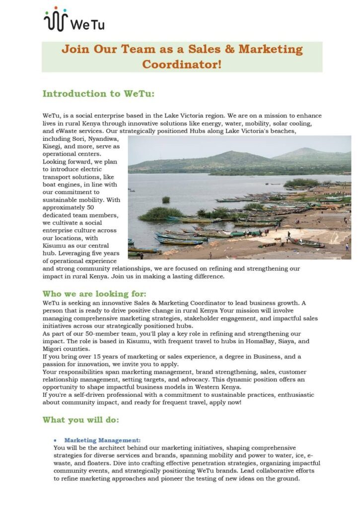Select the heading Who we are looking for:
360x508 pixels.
(x=94, y=294)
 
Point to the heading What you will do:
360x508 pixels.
(x=80, y=420)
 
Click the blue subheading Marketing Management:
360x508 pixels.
(x=102, y=440)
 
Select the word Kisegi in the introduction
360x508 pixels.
(x=54, y=146)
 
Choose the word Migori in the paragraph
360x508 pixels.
(x=54, y=349)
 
